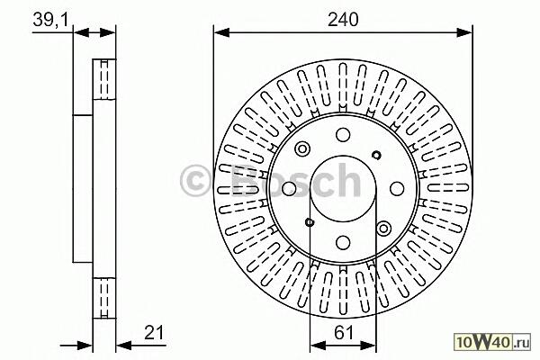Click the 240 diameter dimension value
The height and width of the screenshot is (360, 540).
point(343,19)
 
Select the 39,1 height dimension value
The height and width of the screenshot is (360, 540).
point(50,20)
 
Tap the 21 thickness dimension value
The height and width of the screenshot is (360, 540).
point(155,333)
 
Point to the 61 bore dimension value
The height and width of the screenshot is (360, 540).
point(344,333)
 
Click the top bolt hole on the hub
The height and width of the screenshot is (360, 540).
point(343,135)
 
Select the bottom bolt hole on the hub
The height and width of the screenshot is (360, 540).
point(343,242)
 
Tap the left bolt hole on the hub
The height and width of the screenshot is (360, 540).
point(289,188)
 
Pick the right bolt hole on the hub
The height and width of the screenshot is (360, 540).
point(397,188)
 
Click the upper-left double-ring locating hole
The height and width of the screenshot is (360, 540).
point(302,149)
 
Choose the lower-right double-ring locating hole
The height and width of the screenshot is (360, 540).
point(383,228)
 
